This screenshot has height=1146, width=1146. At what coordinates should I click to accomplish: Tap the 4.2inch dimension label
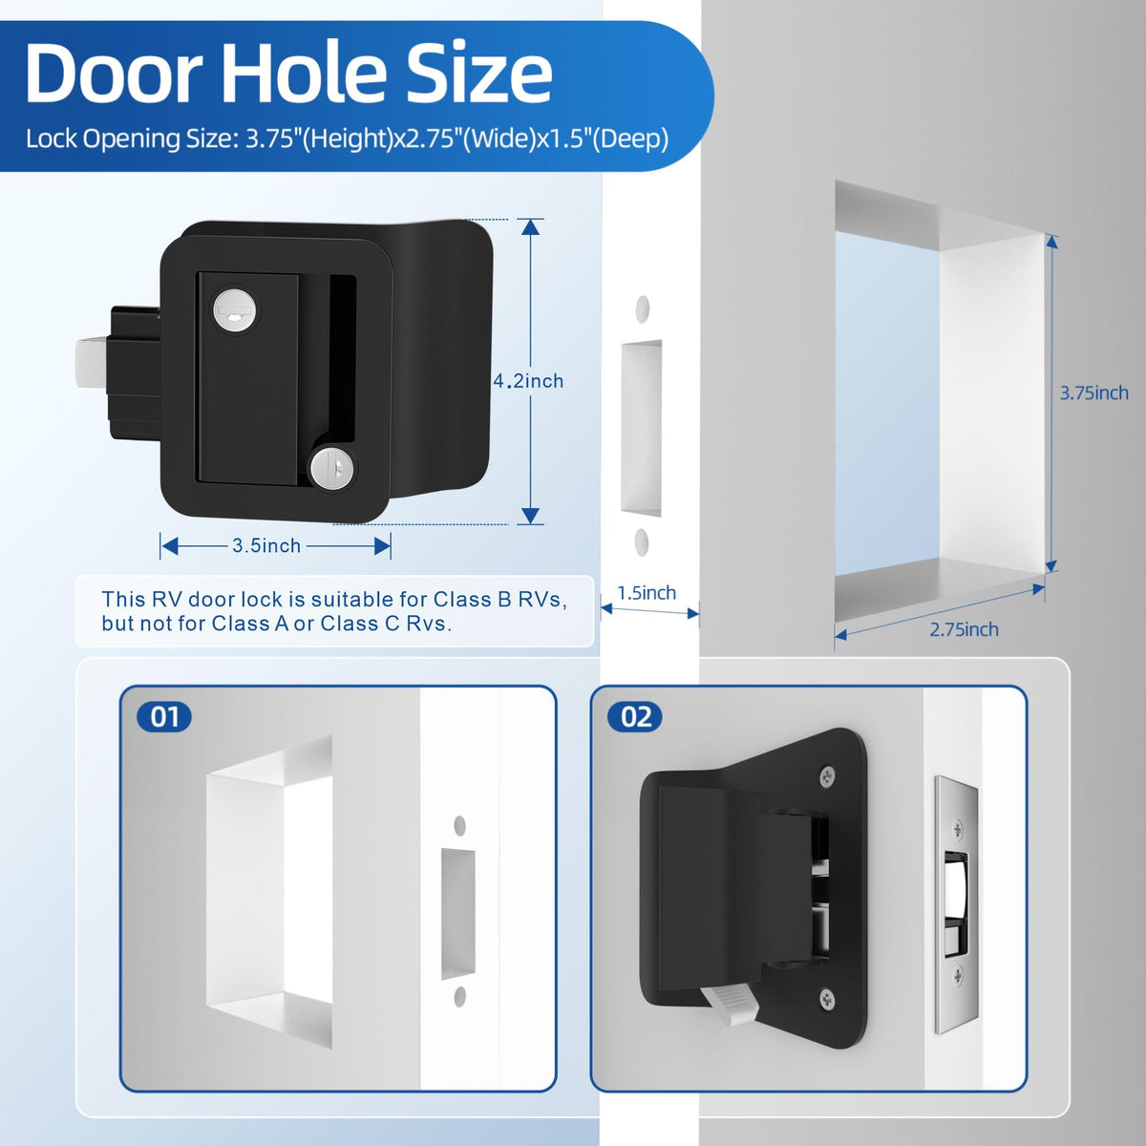pos(528,381)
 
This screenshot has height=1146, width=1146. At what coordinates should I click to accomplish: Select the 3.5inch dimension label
pos(266,546)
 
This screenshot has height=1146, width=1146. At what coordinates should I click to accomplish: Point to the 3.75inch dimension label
pos(1094,393)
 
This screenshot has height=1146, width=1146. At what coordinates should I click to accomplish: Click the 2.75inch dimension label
pos(964,629)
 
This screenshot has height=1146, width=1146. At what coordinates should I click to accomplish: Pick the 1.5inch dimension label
pos(647,592)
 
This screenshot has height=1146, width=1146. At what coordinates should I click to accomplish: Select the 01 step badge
pos(164,716)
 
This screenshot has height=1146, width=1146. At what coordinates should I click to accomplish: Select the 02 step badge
pos(635,716)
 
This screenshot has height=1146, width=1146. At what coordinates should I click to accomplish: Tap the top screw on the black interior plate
pos(828,776)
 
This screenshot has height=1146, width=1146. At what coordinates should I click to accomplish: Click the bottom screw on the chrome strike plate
pos(958,973)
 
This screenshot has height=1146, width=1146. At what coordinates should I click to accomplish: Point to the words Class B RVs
pos(500,599)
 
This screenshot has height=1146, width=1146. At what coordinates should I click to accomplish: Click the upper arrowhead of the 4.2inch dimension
pos(531,227)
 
